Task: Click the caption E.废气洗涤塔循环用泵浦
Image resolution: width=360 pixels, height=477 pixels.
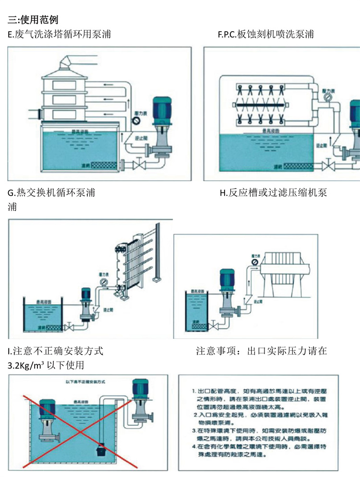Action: [60, 35]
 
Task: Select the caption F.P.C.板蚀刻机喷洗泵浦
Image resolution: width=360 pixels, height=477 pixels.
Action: [266, 35]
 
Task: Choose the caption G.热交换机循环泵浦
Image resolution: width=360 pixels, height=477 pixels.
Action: [52, 193]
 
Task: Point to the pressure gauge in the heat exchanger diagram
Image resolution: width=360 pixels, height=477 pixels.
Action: [103, 287]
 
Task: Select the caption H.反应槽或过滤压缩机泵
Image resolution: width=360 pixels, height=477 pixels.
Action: [273, 193]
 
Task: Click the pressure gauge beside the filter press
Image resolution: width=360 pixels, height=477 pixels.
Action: [253, 262]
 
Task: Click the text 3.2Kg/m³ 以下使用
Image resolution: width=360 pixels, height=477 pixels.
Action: [46, 365]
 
